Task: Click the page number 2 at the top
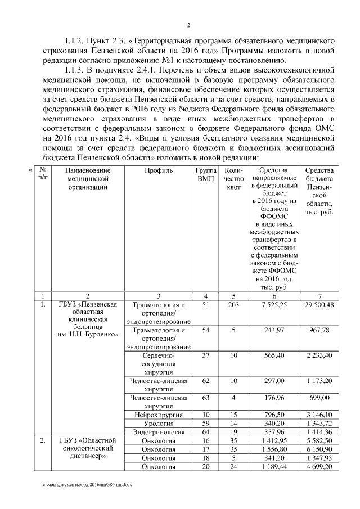pos(189,25)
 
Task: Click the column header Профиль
pos(159,170)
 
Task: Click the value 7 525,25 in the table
pos(273,304)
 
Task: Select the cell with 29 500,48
pos(319,304)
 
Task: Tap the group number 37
pos(205,355)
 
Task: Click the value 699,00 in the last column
pos(319,398)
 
